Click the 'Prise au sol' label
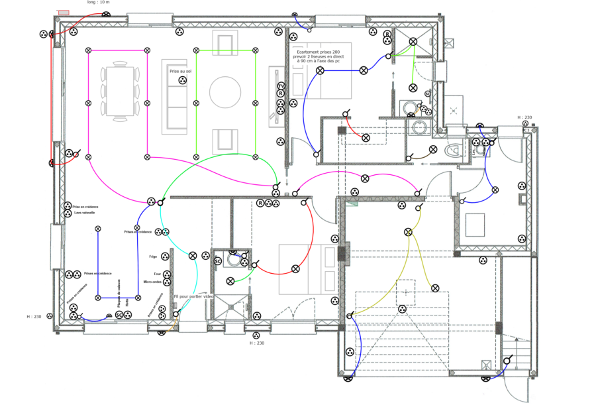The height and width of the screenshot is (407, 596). pos(180,70)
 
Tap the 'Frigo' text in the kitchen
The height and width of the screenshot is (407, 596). pos(153,257)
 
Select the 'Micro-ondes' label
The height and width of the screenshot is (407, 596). pos(153,282)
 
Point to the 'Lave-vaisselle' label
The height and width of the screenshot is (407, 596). pos(86,213)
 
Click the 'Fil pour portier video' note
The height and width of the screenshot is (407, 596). pos(193,296)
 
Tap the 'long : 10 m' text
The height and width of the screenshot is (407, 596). pos(99,2)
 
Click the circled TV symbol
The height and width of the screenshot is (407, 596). pos(281,86)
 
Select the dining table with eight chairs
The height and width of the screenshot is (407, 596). pos(120,91)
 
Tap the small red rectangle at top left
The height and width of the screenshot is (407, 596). pos(64,13)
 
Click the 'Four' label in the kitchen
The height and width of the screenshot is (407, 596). pos(156,273)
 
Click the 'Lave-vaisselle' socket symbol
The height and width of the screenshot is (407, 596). pos(68,213)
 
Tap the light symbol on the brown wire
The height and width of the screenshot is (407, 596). pos(433,150)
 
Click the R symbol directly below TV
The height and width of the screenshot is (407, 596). pos(281,93)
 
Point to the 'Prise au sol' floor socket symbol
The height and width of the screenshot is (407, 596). pos(181,80)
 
